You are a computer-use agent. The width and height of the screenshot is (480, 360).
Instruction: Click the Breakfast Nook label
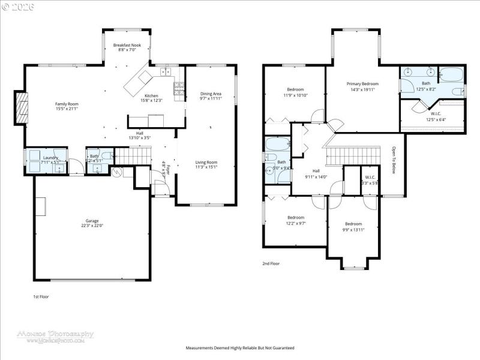coord(127,45)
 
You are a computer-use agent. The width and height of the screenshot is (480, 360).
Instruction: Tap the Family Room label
coord(67,104)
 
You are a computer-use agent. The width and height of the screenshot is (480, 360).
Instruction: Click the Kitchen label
coord(151,96)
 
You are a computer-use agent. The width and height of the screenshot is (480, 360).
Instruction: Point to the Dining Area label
coord(211,94)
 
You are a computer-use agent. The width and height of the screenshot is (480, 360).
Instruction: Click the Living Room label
coord(207,162)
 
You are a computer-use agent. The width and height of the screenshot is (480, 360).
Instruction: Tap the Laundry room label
coord(50,158)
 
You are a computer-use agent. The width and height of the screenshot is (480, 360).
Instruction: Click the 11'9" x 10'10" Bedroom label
coord(295,89)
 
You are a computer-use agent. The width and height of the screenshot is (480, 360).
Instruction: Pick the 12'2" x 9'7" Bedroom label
coord(296,217)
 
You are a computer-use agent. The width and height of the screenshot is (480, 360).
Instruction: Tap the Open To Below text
coord(394,160)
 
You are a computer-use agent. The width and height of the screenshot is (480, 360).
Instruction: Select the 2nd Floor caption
coord(271,263)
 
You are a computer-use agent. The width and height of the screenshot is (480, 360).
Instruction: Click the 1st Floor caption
coord(41,297)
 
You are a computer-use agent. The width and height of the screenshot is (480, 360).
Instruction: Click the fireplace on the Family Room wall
coord(22,107)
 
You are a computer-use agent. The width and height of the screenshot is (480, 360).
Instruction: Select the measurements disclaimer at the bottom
coord(240,348)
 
